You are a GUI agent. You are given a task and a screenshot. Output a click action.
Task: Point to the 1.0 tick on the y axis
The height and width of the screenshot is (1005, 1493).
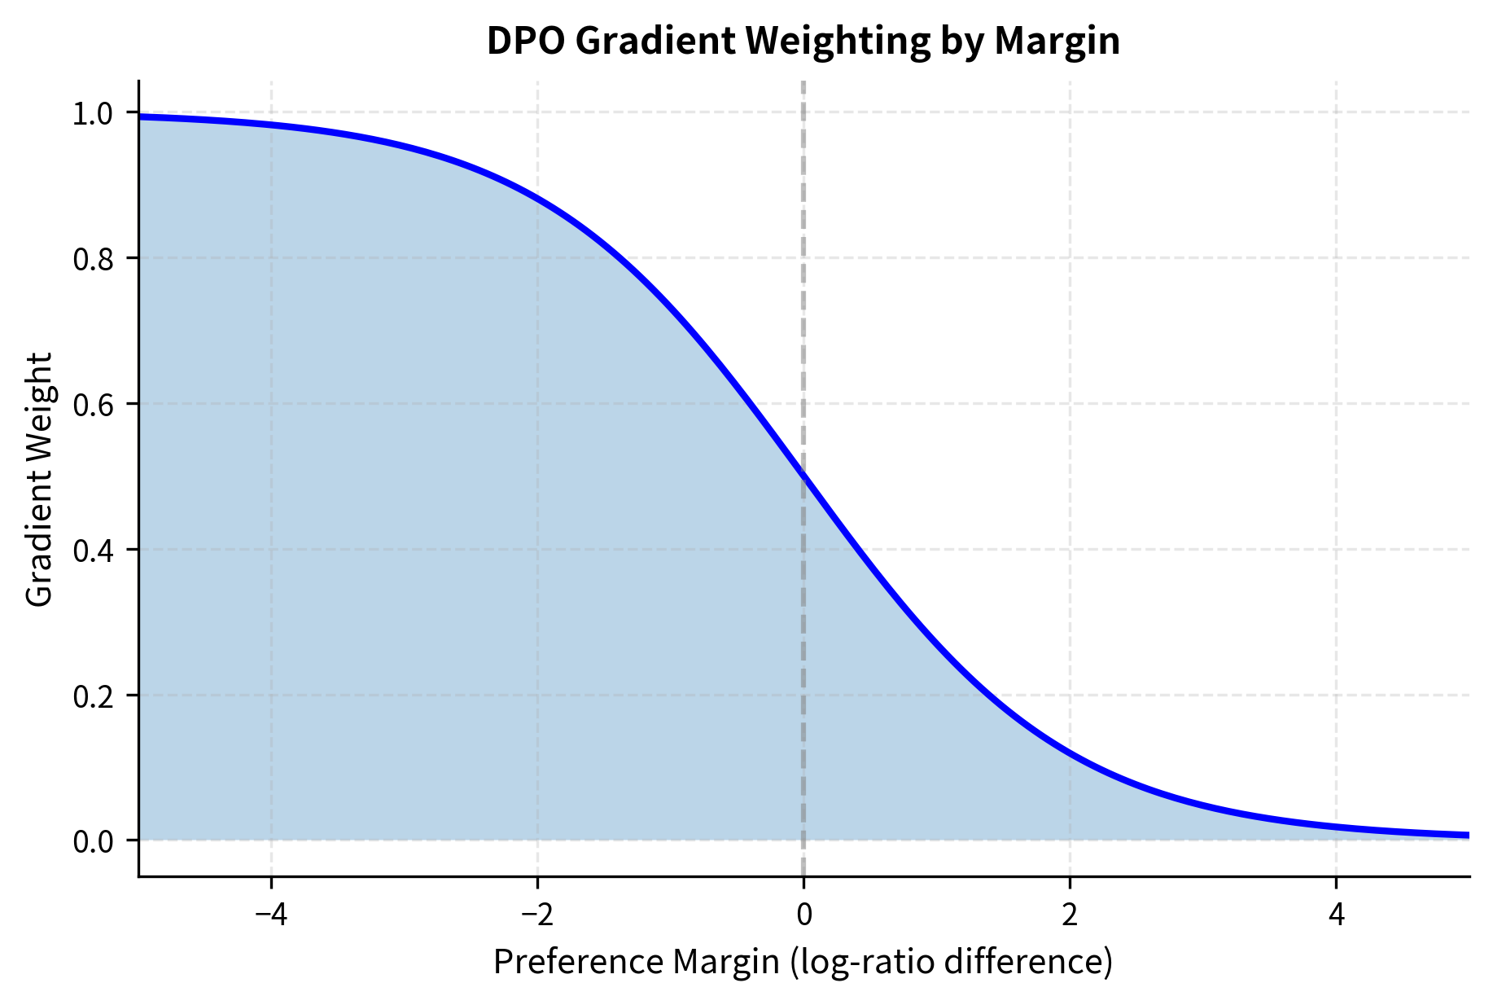[94, 114]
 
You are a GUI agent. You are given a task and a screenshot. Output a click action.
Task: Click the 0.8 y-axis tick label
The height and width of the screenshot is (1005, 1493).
[94, 260]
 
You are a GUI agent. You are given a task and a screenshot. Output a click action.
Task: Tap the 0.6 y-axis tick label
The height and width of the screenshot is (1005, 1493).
[94, 405]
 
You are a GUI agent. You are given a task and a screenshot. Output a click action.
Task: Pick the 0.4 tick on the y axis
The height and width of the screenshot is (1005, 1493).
[94, 551]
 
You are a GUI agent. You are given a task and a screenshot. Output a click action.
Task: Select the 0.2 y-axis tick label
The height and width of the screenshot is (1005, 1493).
[94, 696]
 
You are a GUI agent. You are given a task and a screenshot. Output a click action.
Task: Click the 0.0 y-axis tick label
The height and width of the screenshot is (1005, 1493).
[94, 841]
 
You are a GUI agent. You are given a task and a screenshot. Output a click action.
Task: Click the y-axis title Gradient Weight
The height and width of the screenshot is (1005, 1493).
[39, 480]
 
